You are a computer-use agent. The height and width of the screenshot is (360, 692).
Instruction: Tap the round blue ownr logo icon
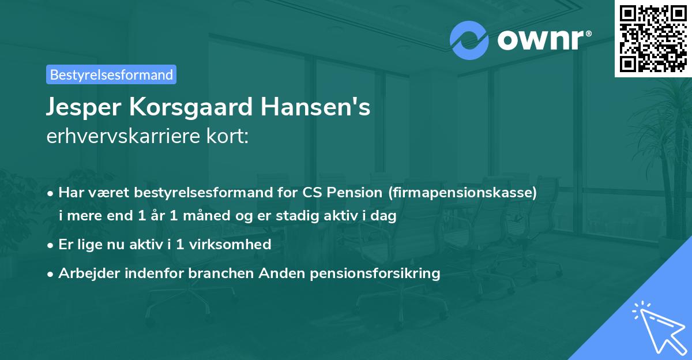(x=469, y=40)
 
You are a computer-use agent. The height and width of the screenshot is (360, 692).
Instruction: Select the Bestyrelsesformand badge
(x=111, y=74)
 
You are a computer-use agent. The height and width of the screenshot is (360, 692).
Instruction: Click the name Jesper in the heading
(x=81, y=108)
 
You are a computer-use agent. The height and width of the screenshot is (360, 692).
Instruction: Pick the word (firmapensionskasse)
(x=464, y=193)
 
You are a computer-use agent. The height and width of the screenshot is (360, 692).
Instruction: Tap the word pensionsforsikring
(x=375, y=273)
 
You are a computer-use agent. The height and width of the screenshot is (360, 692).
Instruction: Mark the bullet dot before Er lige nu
(x=51, y=245)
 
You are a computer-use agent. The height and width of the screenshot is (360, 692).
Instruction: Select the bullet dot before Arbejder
(x=51, y=273)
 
